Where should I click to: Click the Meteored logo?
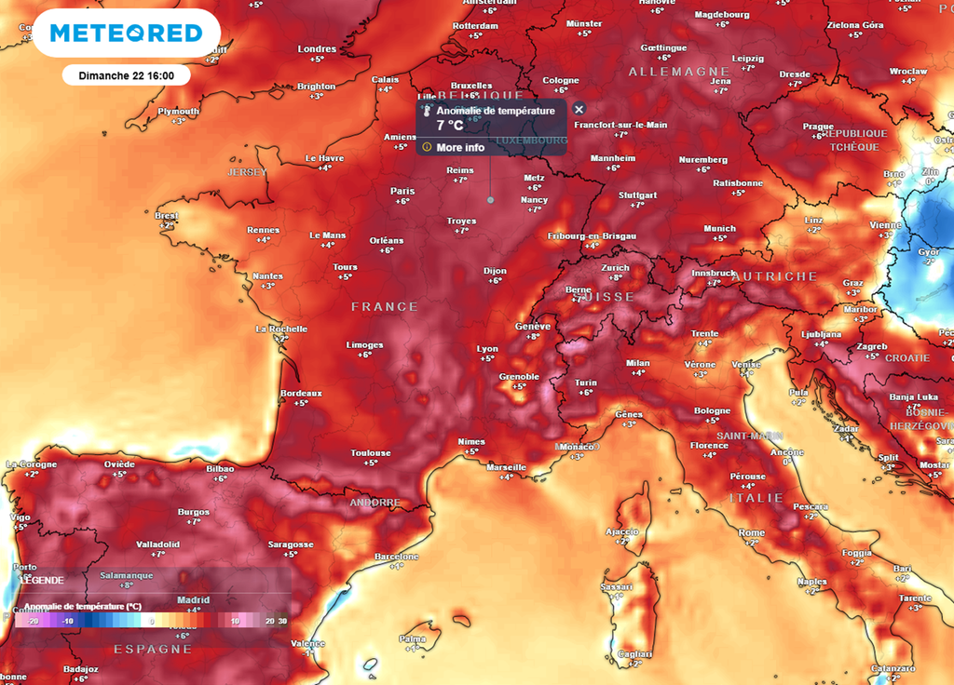click(x=125, y=34)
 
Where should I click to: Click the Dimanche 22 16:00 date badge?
click(x=127, y=75)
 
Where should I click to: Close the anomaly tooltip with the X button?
click(x=579, y=109)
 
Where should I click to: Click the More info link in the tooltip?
click(x=460, y=147)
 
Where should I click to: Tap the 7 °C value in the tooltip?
click(x=449, y=126)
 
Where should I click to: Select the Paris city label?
click(x=402, y=191)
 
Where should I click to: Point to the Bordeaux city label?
click(x=301, y=393)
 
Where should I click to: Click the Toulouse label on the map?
click(x=370, y=453)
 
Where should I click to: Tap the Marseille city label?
click(x=506, y=467)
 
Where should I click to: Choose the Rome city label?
click(x=751, y=532)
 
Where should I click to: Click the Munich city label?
click(x=719, y=228)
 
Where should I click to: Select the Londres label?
click(x=317, y=49)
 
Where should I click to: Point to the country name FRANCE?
click(x=384, y=306)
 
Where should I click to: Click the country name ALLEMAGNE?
click(x=678, y=72)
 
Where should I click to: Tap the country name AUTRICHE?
click(x=773, y=276)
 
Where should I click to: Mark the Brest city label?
click(x=167, y=215)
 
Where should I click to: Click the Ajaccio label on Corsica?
click(x=621, y=531)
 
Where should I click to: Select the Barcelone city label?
click(x=396, y=556)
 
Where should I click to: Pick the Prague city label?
click(x=817, y=127)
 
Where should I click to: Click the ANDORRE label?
click(x=374, y=503)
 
